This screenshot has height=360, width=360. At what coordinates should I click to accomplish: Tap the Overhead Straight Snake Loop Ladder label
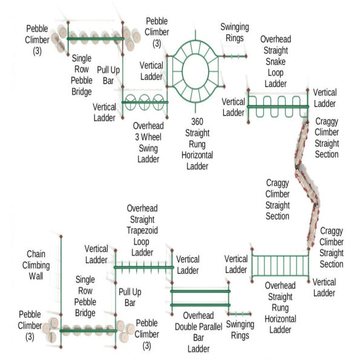[275, 61]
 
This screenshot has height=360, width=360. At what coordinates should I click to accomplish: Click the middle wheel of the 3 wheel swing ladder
[145, 100]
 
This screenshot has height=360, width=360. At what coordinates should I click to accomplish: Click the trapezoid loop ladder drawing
[143, 266]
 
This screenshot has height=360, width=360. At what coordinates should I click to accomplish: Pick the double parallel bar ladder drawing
[200, 298]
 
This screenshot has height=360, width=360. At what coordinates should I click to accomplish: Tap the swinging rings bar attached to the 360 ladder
[234, 56]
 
